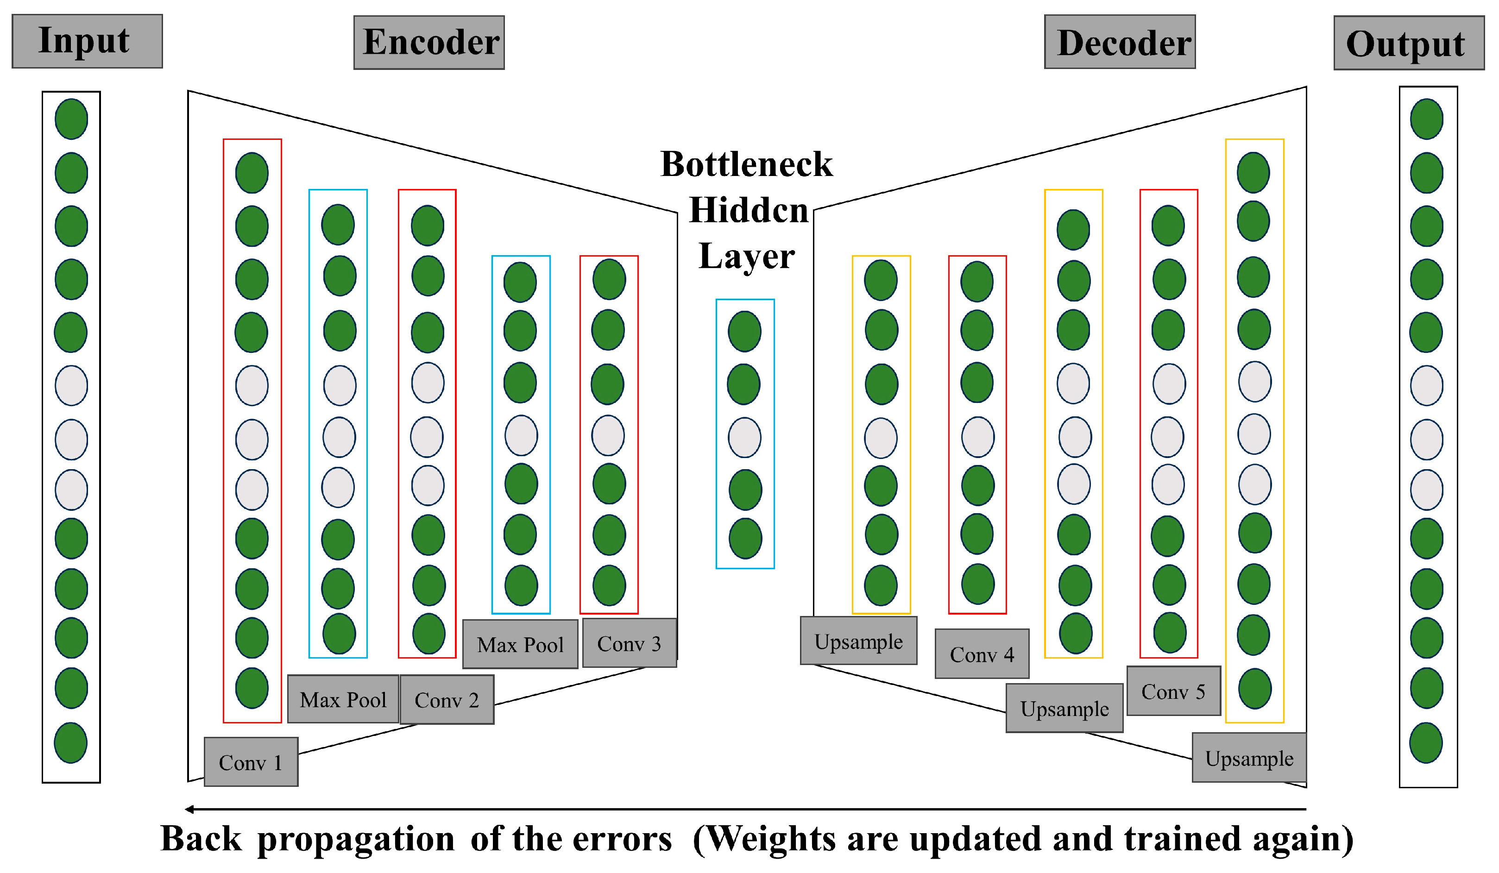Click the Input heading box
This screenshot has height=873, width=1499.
(87, 41)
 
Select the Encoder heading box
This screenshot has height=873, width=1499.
(429, 43)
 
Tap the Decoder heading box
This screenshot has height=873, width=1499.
(1120, 42)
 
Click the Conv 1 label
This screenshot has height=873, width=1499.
(251, 762)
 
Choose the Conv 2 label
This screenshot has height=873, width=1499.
(447, 700)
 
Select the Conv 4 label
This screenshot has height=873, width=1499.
(982, 654)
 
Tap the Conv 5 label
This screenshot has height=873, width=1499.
(1173, 691)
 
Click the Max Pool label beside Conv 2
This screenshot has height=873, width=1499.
(343, 699)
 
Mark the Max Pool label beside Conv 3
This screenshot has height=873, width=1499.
(520, 645)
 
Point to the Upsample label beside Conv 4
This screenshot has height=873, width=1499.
(858, 641)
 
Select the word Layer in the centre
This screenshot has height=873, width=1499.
(747, 256)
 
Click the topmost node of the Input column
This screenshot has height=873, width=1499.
(71, 119)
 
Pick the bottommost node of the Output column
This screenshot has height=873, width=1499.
(1426, 743)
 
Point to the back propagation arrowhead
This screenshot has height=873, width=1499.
(189, 809)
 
